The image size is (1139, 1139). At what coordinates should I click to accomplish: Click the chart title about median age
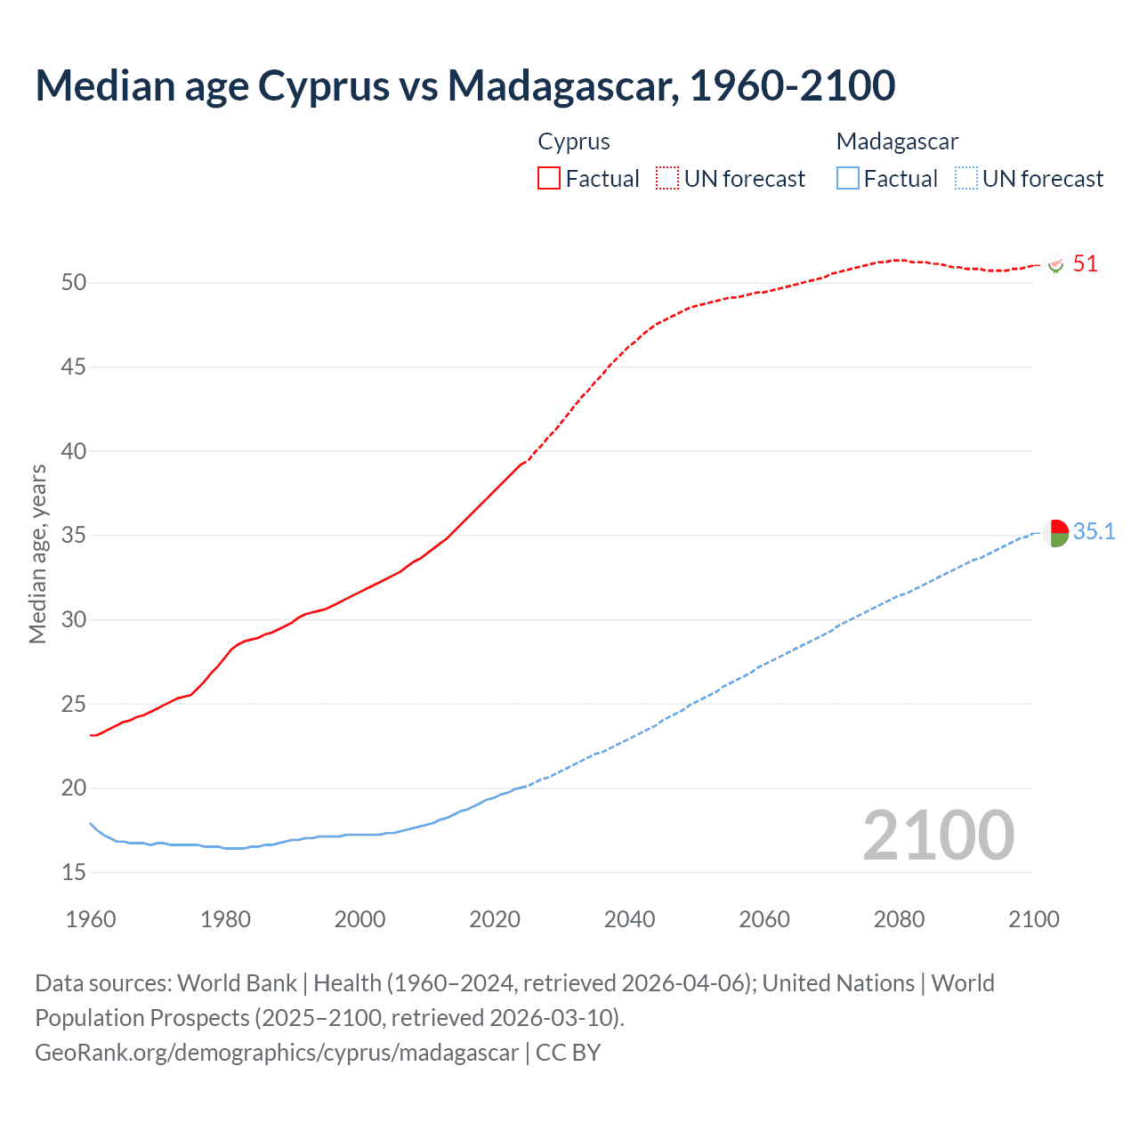tap(464, 85)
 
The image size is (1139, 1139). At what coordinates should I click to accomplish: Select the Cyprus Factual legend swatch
tap(549, 178)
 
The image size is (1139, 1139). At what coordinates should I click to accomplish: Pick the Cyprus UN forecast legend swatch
tap(667, 178)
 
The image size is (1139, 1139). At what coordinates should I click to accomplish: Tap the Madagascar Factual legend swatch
tap(847, 178)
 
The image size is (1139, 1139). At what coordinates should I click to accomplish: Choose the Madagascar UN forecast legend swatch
tap(965, 178)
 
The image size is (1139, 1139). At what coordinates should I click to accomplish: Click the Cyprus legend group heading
tap(574, 141)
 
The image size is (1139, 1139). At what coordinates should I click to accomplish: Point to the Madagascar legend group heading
tap(897, 141)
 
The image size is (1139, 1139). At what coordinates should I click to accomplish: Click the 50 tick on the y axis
tap(74, 283)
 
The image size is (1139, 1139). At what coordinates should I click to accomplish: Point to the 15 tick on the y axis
tap(74, 873)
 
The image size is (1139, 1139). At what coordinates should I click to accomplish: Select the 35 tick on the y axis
tap(74, 536)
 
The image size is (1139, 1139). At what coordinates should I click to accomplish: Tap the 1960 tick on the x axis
tap(91, 919)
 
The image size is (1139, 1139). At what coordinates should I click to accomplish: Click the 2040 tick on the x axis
tap(629, 919)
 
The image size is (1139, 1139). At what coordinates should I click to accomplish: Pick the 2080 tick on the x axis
tap(899, 919)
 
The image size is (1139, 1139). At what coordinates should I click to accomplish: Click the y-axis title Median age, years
tap(37, 553)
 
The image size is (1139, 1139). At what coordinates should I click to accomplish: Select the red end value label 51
tap(1085, 264)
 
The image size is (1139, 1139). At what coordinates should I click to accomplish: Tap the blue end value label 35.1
tap(1094, 532)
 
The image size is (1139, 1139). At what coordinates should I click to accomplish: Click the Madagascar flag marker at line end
tap(1055, 533)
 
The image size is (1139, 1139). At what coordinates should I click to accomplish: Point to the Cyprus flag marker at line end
tap(1056, 265)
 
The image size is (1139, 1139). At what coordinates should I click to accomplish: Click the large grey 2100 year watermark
tap(938, 836)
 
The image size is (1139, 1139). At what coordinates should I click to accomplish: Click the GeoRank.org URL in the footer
tap(277, 1053)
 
